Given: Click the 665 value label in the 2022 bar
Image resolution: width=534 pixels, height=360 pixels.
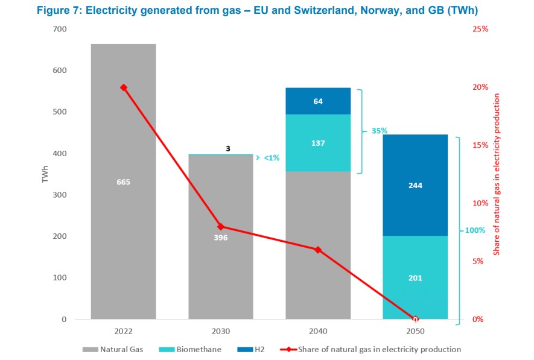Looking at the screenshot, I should click(123, 182).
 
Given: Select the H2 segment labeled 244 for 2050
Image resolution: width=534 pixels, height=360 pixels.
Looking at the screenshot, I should click(415, 185).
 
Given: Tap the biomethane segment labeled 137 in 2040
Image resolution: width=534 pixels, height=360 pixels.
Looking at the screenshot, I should click(318, 143).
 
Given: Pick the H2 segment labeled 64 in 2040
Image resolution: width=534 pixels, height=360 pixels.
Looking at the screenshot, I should click(318, 101).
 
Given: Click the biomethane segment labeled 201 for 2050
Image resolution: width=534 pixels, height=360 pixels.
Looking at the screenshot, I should click(415, 278).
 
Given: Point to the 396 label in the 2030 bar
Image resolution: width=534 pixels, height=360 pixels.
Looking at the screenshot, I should click(221, 237).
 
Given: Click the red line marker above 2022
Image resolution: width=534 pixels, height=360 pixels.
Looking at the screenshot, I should click(124, 87).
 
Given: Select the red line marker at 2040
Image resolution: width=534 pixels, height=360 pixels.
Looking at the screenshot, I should click(318, 250).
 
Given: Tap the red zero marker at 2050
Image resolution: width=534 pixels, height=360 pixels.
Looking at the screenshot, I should click(415, 319).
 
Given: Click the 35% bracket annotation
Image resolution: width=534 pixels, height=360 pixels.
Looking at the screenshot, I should click(379, 131).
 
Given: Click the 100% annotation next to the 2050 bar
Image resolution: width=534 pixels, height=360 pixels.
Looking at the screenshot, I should click(474, 230).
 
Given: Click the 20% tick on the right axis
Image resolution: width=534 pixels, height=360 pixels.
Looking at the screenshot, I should click(480, 87).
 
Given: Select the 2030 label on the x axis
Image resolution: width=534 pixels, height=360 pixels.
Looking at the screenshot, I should click(221, 332).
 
